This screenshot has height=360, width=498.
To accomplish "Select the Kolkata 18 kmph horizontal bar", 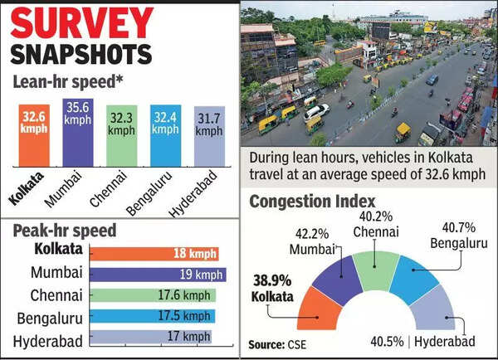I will point(154,254).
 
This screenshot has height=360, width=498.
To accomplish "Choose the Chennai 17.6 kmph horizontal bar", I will point(153,295).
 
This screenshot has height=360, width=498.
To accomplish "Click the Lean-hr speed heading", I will point(66,82).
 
